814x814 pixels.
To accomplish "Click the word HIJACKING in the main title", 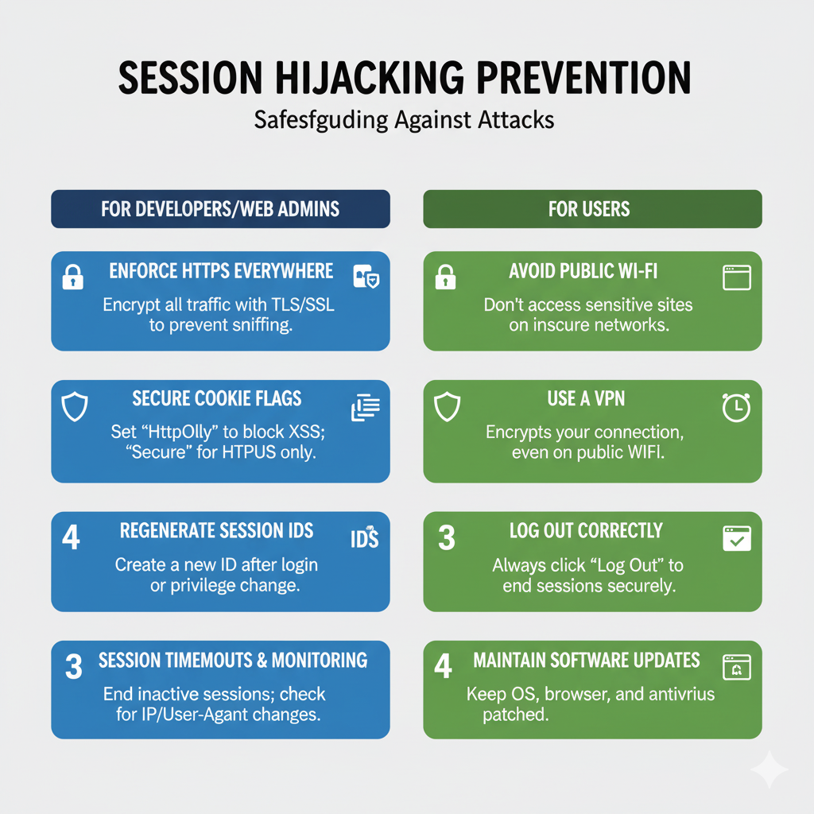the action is [x=369, y=78].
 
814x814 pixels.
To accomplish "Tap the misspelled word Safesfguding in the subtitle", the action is [x=321, y=121].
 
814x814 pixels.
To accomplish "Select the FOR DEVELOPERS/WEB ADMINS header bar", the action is [x=221, y=209].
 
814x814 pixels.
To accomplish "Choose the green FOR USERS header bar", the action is [x=592, y=209].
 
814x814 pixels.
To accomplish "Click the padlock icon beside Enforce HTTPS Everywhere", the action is [x=72, y=277].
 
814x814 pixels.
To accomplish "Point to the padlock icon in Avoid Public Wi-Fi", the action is [x=445, y=277].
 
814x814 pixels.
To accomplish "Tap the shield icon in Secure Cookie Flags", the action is [x=74, y=406].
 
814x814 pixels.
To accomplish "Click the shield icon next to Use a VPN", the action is [x=447, y=406].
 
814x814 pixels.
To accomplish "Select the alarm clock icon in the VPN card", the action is [x=736, y=408].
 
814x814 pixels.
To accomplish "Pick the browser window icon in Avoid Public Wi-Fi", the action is [x=737, y=277].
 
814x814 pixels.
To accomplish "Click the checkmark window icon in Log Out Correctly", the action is [x=737, y=538].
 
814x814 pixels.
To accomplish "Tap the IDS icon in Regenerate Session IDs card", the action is [x=364, y=538].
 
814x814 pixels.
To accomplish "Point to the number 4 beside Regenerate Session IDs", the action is [x=71, y=537].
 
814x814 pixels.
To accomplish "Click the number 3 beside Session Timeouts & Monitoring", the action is [x=74, y=667].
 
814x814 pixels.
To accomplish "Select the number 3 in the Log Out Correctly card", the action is [x=447, y=538].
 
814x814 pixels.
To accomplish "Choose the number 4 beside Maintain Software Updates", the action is [x=443, y=666].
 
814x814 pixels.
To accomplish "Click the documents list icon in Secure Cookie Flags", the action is [x=366, y=408].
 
